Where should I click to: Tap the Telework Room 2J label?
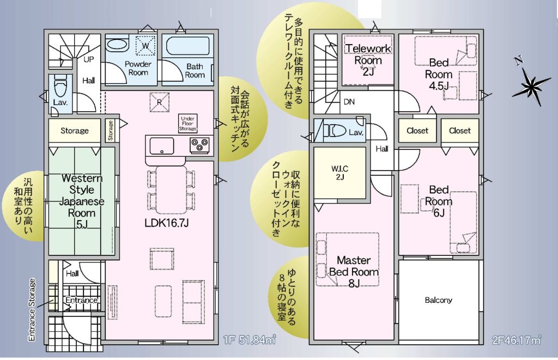[368, 60]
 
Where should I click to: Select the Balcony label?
[439, 300]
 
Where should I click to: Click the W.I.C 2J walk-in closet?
[340, 173]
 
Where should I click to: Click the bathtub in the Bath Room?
[188, 46]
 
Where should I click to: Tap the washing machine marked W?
[145, 46]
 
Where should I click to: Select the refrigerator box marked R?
[160, 102]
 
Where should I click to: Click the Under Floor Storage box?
[187, 124]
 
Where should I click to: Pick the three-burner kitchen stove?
[199, 145]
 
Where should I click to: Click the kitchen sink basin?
[162, 146]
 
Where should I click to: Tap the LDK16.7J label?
[167, 223]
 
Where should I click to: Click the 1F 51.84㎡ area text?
[250, 340]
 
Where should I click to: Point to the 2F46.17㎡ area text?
[517, 340]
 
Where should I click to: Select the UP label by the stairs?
[89, 59]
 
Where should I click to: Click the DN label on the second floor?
[349, 102]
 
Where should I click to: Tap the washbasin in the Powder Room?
[117, 46]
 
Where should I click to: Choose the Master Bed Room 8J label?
[354, 272]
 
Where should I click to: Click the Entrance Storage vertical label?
[32, 310]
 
